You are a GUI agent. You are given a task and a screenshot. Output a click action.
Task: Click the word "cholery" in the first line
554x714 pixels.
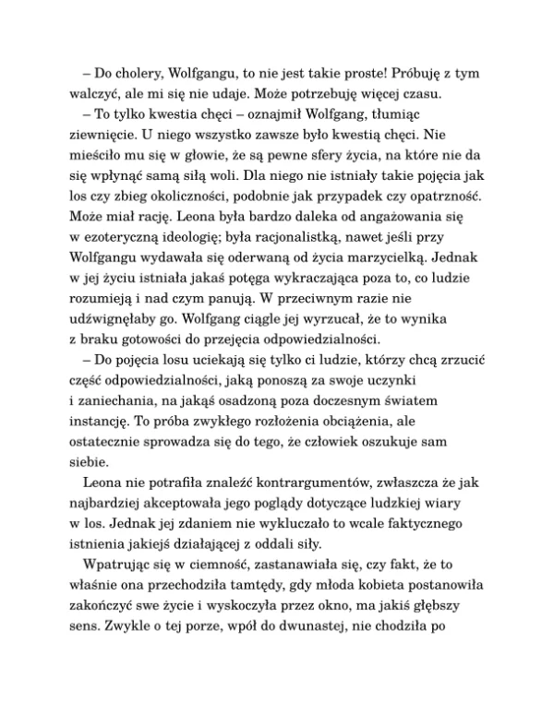(129, 72)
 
